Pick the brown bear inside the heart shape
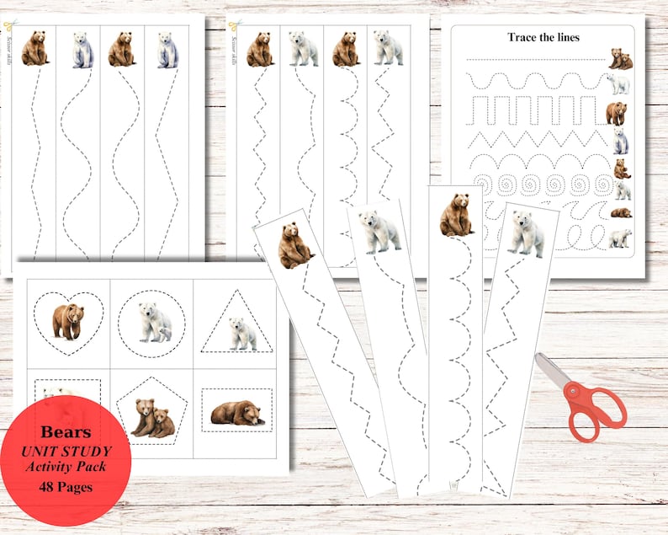[67, 321]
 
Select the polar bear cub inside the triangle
[242, 334]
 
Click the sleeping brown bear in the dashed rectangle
[236, 413]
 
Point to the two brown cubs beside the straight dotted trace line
[621, 59]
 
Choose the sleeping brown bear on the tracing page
[621, 212]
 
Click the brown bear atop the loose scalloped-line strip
[456, 215]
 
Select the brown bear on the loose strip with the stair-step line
[294, 245]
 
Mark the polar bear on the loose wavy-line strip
[379, 231]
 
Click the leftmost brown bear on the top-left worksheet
[34, 48]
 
